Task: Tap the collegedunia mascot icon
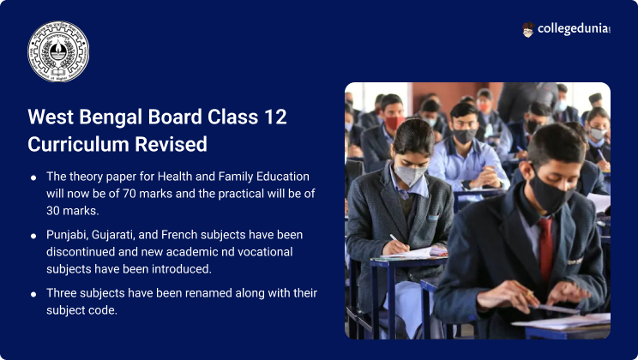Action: click(528, 30)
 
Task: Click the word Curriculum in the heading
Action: click(75, 144)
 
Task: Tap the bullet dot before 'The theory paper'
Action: click(33, 177)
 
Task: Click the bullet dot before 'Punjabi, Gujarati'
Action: click(33, 236)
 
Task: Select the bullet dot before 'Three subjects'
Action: click(33, 294)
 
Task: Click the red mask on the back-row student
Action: click(393, 123)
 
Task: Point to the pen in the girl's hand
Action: click(395, 241)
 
